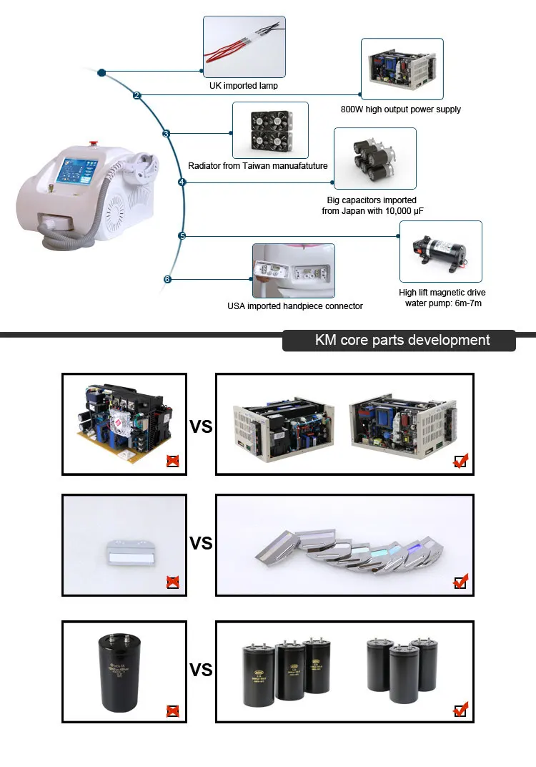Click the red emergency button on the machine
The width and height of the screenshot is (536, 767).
click(93, 145)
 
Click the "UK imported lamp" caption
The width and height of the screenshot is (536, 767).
click(243, 86)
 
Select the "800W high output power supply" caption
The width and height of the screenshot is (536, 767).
click(401, 109)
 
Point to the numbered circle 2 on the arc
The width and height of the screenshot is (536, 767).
click(137, 95)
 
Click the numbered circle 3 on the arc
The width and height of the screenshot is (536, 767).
click(166, 134)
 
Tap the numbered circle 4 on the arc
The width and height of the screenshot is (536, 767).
click(182, 182)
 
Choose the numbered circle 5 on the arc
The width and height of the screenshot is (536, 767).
click(182, 236)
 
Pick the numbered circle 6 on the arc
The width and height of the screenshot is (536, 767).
click(167, 279)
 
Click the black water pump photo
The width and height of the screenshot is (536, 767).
click(440, 251)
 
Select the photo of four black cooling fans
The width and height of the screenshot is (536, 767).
click(270, 130)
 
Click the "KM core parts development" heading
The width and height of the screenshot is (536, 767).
click(402, 340)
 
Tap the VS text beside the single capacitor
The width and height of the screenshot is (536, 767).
click(201, 670)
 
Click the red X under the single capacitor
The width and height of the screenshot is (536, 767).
click(172, 710)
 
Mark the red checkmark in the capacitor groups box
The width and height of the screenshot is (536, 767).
click(460, 709)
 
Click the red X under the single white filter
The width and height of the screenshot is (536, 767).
click(172, 582)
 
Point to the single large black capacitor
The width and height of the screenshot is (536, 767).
click(120, 672)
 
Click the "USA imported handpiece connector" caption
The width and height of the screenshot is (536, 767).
click(294, 306)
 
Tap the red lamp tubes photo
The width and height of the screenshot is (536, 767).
click(244, 47)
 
